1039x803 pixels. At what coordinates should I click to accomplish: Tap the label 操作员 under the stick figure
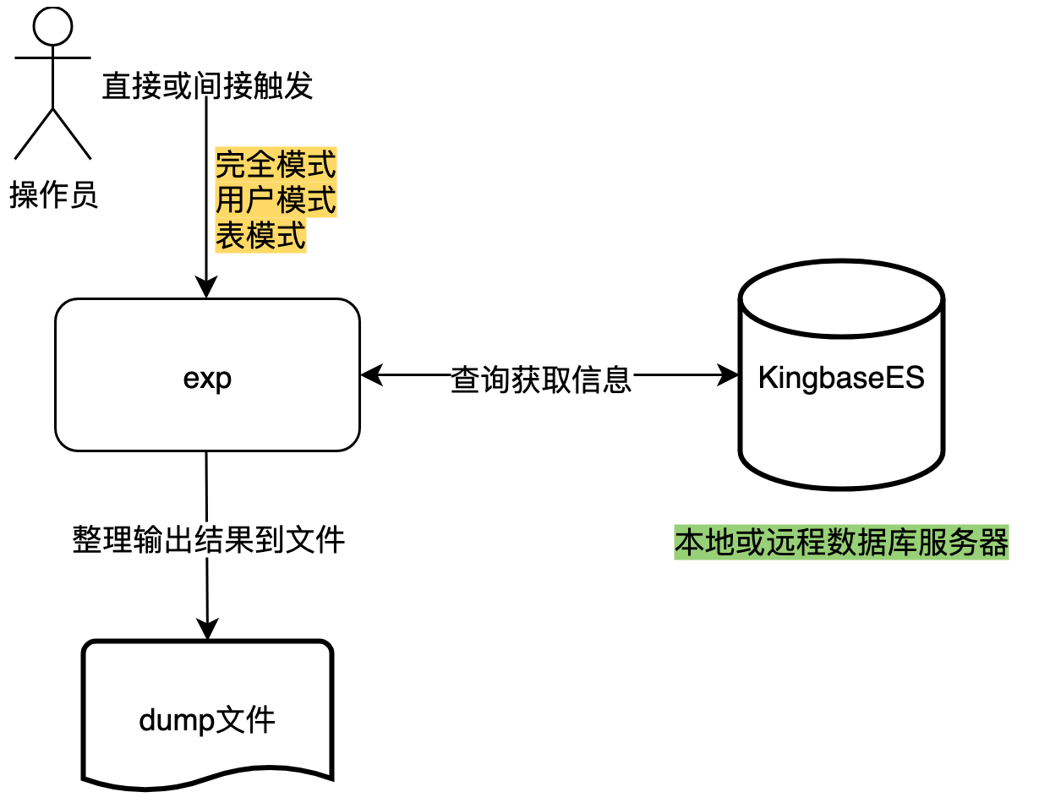click(x=53, y=196)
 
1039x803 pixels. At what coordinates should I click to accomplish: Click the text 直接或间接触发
click(x=207, y=86)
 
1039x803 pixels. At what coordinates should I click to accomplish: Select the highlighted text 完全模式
click(x=276, y=164)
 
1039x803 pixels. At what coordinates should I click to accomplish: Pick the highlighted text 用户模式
click(x=276, y=200)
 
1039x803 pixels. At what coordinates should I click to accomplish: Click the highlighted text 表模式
click(x=260, y=237)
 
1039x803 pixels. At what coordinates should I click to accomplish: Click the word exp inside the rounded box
click(x=207, y=379)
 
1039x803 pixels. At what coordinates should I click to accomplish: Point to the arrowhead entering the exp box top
click(x=206, y=289)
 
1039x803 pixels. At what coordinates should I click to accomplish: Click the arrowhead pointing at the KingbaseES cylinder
click(x=728, y=375)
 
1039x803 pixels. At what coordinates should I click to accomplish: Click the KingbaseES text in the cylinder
click(x=841, y=377)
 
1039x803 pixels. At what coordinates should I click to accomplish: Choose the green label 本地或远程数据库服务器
click(x=841, y=543)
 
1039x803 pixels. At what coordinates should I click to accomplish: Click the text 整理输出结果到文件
click(x=208, y=538)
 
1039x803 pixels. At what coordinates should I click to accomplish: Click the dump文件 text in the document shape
click(x=207, y=721)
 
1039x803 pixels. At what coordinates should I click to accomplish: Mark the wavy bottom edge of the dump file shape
click(x=207, y=776)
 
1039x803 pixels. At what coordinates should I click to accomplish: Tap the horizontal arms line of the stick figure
click(x=52, y=58)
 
